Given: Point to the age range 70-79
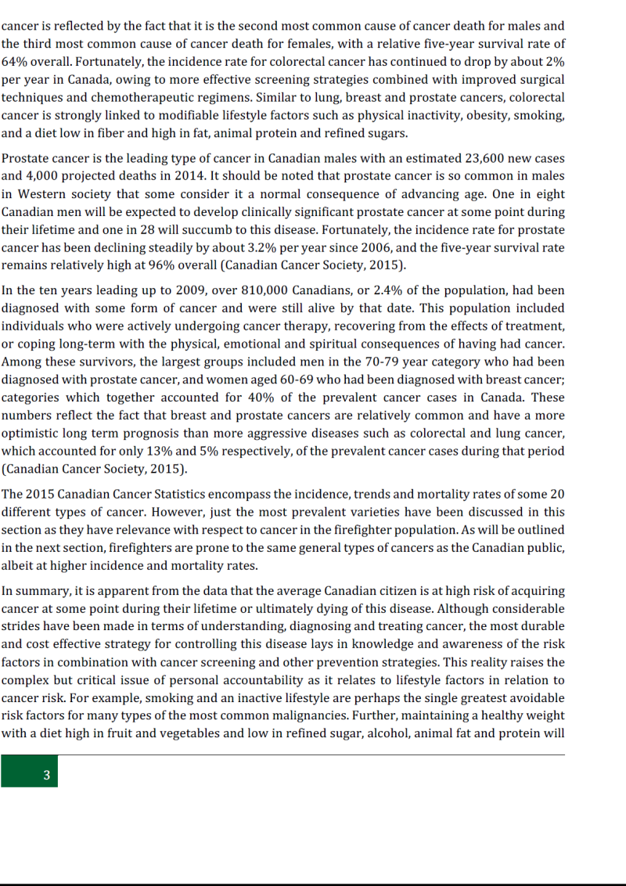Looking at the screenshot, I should click(384, 362).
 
